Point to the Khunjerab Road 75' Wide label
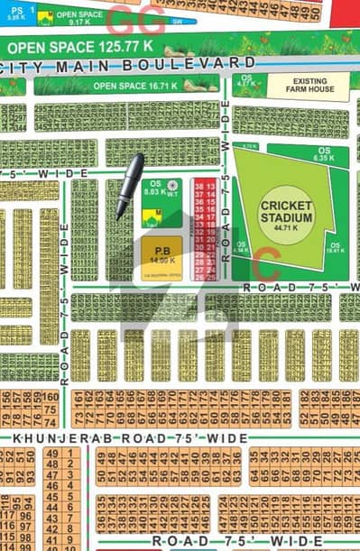coord(131,437)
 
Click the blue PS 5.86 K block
coord(13,13)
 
